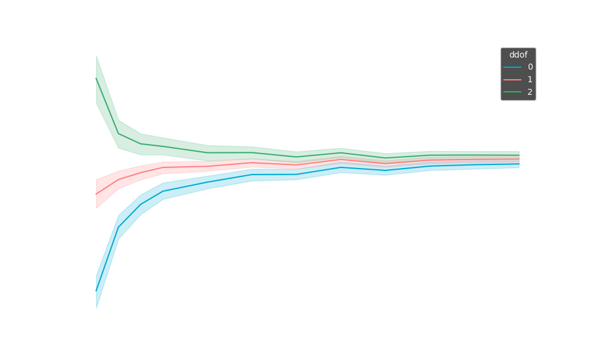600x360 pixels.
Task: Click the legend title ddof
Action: pyautogui.click(x=518, y=55)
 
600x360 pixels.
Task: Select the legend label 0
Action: pyautogui.click(x=530, y=67)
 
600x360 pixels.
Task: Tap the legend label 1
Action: pyautogui.click(x=530, y=80)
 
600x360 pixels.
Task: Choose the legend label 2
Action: pyautogui.click(x=530, y=92)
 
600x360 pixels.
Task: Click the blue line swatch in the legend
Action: pyautogui.click(x=512, y=67)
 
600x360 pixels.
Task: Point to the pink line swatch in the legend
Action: pyautogui.click(x=512, y=80)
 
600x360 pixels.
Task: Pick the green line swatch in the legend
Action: pyautogui.click(x=512, y=92)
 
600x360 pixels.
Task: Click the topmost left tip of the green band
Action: pyautogui.click(x=97, y=56)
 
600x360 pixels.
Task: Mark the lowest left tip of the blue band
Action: pyautogui.click(x=97, y=308)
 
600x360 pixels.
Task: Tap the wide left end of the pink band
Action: pyautogui.click(x=98, y=194)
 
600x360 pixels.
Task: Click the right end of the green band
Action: pyautogui.click(x=518, y=154)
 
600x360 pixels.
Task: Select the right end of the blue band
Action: pyautogui.click(x=518, y=164)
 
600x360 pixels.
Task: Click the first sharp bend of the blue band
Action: pyautogui.click(x=119, y=227)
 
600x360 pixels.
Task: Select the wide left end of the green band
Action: pyautogui.click(x=98, y=80)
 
